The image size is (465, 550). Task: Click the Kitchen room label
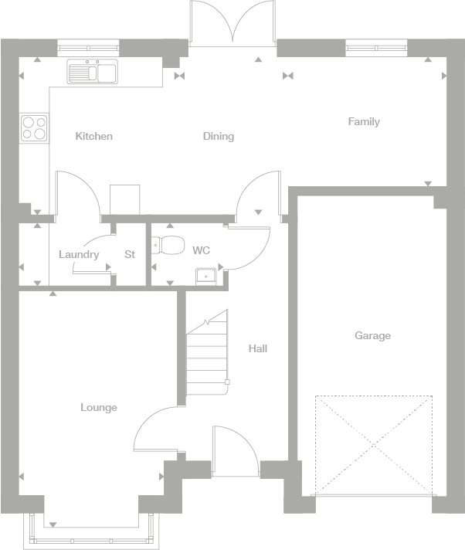click(93, 136)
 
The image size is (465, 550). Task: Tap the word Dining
click(218, 136)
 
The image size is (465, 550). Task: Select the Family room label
click(363, 121)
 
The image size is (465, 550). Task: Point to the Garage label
click(372, 335)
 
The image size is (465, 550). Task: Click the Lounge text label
click(99, 407)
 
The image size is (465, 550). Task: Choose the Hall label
click(257, 348)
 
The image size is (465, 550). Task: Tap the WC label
click(201, 250)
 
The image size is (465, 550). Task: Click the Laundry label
click(79, 254)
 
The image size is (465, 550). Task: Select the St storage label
click(130, 254)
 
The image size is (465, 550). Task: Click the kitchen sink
click(91, 73)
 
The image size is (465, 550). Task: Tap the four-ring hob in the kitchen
click(34, 127)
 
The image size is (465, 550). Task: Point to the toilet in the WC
click(169, 246)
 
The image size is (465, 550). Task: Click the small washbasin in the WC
click(206, 275)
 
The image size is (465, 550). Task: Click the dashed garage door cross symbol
click(373, 444)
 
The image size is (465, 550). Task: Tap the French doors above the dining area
click(232, 23)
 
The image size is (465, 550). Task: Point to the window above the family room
click(376, 48)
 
